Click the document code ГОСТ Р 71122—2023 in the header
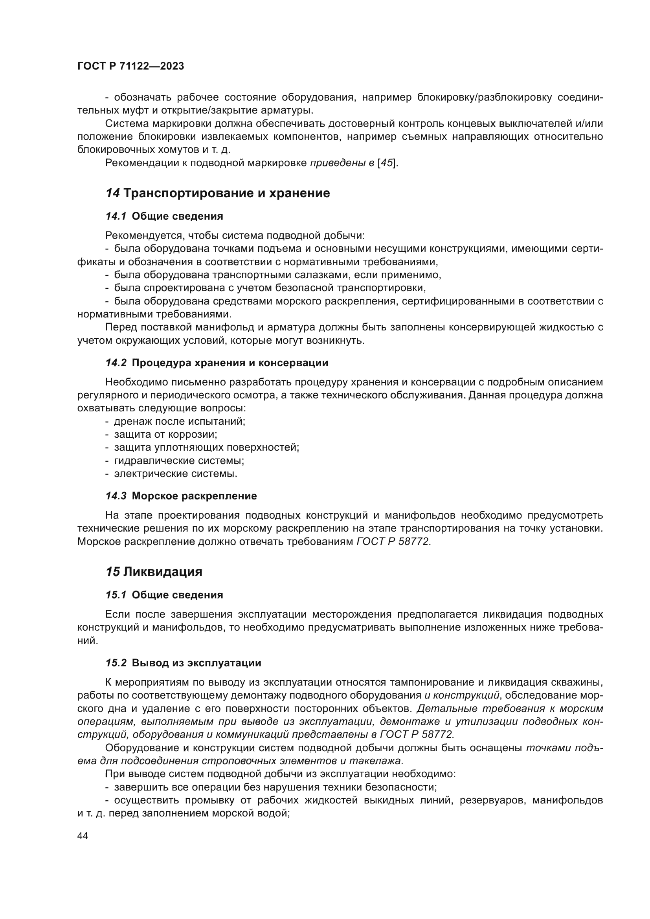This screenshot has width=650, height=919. [130, 66]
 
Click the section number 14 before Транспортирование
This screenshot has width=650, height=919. [112, 193]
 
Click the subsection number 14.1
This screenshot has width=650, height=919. [116, 216]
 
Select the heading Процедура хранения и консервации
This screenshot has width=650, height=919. [230, 363]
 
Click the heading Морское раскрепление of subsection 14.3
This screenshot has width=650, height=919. [194, 496]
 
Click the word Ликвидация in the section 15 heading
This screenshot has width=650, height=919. [163, 572]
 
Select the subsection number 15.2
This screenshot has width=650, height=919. [116, 663]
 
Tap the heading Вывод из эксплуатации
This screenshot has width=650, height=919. [196, 663]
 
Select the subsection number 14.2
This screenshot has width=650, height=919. [116, 363]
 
